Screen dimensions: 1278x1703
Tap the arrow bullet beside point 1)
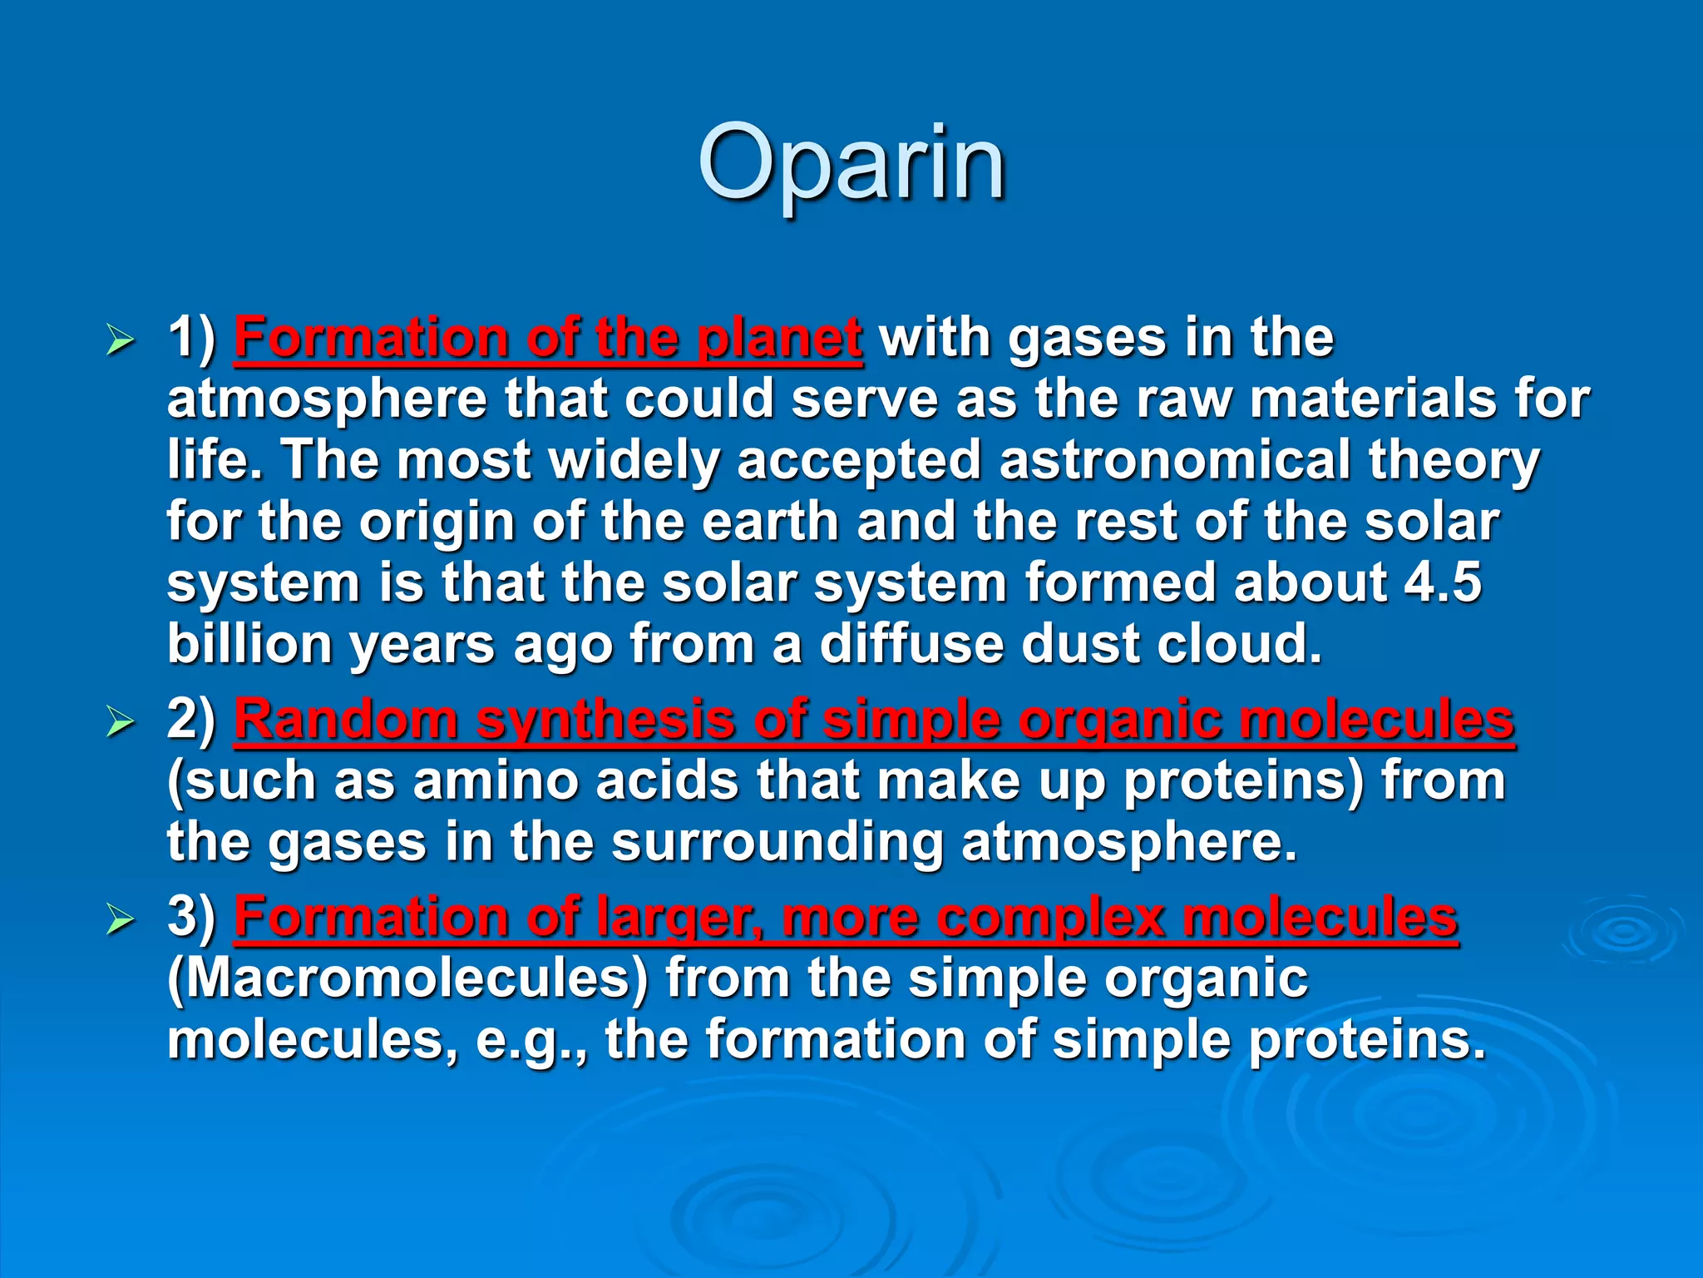pos(121,341)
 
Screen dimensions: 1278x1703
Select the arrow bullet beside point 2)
pos(121,722)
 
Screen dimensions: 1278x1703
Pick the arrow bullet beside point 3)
pos(121,919)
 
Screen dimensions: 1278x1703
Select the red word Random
pos(346,720)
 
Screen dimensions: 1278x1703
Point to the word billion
pos(249,644)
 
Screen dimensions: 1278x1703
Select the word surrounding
pos(777,843)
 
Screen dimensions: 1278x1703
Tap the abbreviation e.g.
pos(529,1041)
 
